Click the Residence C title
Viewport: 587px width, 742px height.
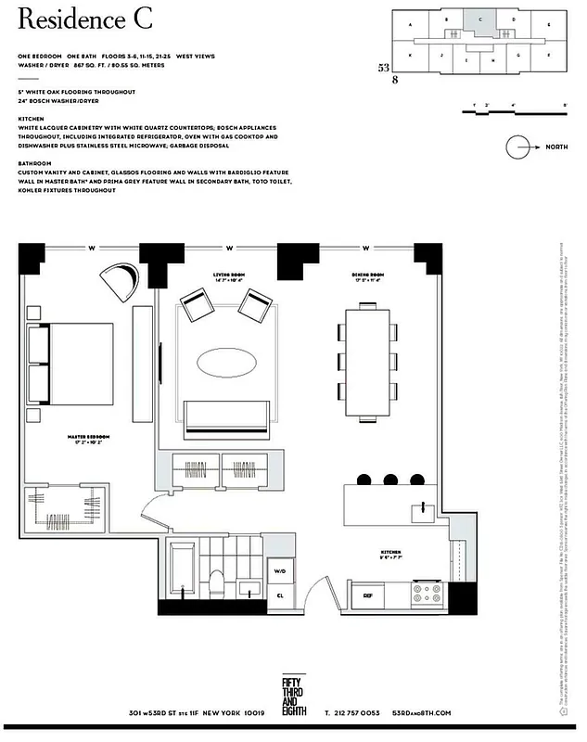(84, 19)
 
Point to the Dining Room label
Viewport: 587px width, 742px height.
(367, 275)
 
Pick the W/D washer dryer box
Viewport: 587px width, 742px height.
(280, 572)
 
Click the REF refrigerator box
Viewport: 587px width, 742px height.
(367, 595)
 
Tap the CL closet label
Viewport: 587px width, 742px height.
(280, 595)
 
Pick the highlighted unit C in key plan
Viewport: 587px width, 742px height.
(479, 19)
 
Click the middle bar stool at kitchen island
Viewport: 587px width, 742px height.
(388, 478)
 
